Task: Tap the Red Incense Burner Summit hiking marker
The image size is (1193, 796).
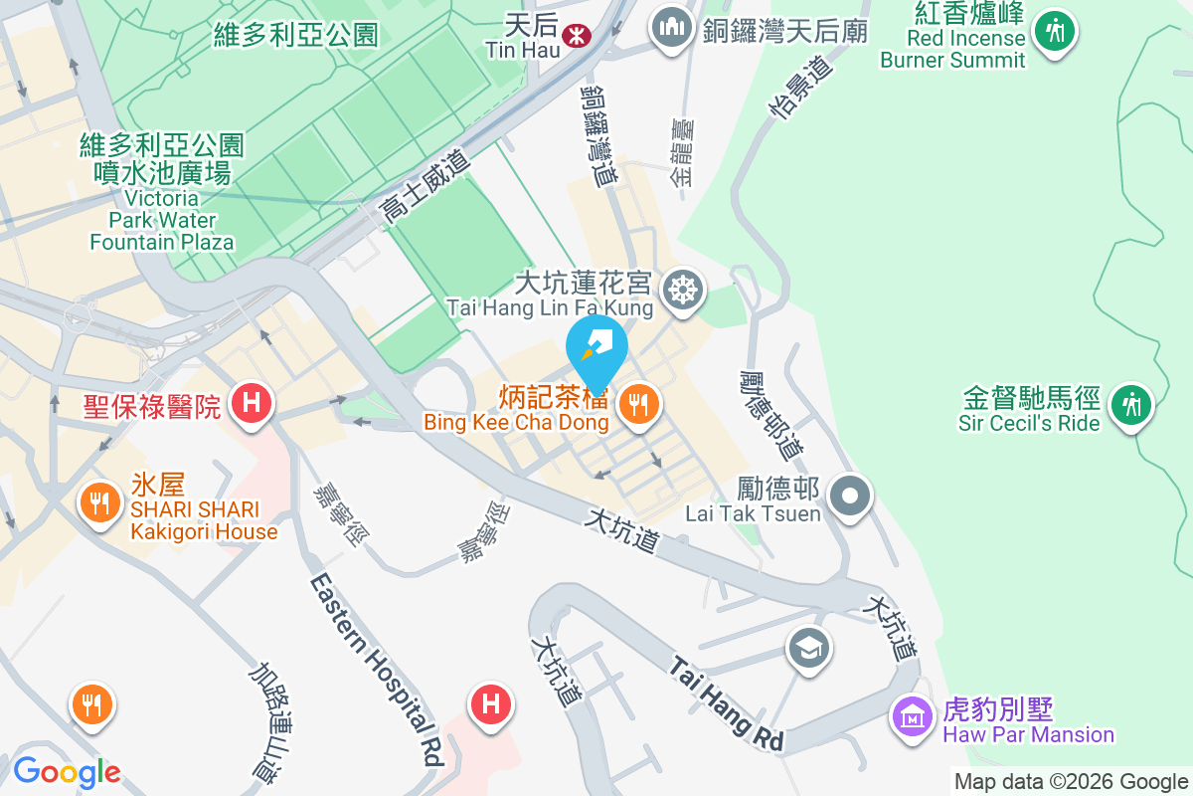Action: pyautogui.click(x=1053, y=30)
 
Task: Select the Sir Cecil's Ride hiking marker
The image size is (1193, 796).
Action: pyautogui.click(x=1131, y=405)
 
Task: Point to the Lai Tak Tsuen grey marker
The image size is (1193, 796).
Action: pyautogui.click(x=850, y=495)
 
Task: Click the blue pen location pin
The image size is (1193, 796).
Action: pyautogui.click(x=596, y=349)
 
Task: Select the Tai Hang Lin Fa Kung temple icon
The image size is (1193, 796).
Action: pyautogui.click(x=685, y=291)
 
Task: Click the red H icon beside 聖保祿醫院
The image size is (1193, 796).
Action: pyautogui.click(x=252, y=404)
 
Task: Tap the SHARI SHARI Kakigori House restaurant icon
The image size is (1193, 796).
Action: pyautogui.click(x=98, y=501)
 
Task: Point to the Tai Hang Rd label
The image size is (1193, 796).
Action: pyautogui.click(x=726, y=702)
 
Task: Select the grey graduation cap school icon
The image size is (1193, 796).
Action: pyautogui.click(x=808, y=650)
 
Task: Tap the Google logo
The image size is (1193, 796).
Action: pyautogui.click(x=67, y=771)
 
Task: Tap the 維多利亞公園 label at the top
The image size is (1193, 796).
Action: pyautogui.click(x=296, y=36)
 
